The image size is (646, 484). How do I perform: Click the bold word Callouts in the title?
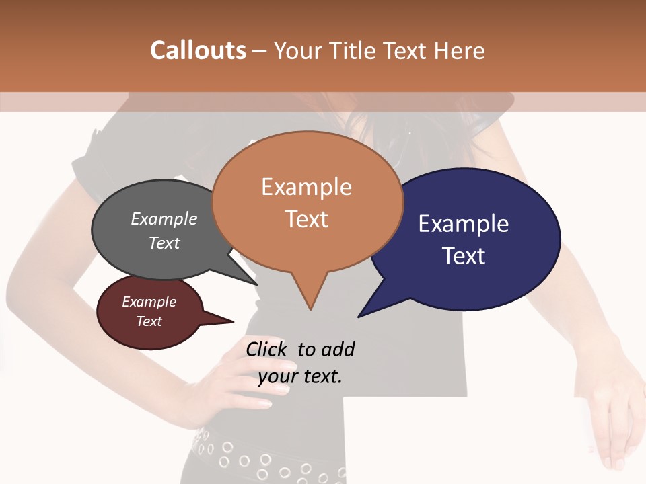pyautogui.click(x=198, y=50)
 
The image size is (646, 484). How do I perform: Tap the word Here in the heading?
pyautogui.click(x=460, y=50)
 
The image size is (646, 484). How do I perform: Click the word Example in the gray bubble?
pyautogui.click(x=164, y=218)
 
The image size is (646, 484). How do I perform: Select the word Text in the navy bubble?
pyautogui.click(x=464, y=256)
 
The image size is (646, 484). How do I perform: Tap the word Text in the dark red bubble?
pyautogui.click(x=149, y=321)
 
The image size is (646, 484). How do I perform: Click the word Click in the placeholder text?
pyautogui.click(x=268, y=349)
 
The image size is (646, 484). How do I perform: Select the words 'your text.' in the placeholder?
pyautogui.click(x=300, y=376)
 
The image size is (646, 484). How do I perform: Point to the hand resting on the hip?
pyautogui.click(x=236, y=383)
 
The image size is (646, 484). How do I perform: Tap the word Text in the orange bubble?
pyautogui.click(x=306, y=219)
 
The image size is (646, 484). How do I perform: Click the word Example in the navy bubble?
pyautogui.click(x=464, y=223)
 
